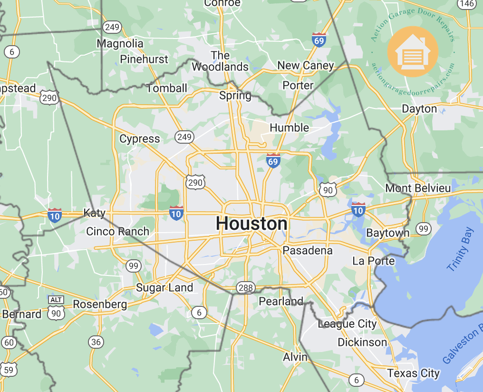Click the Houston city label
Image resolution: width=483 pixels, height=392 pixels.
[x=251, y=224]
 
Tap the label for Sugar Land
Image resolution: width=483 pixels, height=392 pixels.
[x=164, y=287]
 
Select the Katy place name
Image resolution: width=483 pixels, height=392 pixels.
[x=94, y=213]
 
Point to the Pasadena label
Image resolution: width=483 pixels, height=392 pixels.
[x=308, y=250]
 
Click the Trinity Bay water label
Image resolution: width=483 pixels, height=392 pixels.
[x=460, y=250]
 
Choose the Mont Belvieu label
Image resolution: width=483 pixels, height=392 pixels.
[x=418, y=188]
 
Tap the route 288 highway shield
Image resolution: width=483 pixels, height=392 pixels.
[x=245, y=287]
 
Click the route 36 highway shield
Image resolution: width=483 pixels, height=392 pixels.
[x=96, y=342]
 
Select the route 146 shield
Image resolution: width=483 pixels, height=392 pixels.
[x=467, y=4]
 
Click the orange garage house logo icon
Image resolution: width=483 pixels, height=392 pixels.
[x=413, y=51]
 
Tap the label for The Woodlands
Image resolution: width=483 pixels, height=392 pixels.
[x=220, y=61]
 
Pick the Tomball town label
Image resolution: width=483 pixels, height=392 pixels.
[x=167, y=88]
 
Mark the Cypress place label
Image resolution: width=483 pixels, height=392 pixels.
[x=140, y=139]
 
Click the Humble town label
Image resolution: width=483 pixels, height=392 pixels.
[x=289, y=127]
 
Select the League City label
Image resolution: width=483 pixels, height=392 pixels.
[x=347, y=324]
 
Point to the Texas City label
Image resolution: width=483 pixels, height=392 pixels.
[x=413, y=373]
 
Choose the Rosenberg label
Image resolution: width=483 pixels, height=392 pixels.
[x=100, y=304]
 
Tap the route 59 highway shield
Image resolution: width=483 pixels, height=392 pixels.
[x=10, y=369]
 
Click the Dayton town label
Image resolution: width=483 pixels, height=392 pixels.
[x=419, y=108]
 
